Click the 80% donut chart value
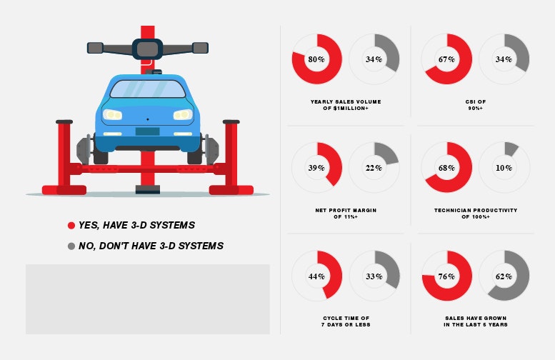pos(316,59)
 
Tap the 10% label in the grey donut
pos(504,168)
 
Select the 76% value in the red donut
pos(446,276)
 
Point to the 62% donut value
pos(504,276)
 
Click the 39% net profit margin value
pos(316,168)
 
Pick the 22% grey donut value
pos(374,168)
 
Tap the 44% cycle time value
pos(316,276)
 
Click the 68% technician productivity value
pos(446,168)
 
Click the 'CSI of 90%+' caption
pos(476,105)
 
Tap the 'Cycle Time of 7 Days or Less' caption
pos(346,321)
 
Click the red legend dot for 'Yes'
pos(71,226)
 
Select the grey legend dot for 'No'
pos(71,246)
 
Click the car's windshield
pos(148,89)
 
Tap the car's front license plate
pos(147,131)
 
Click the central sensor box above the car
pos(147,49)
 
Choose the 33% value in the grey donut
pos(374,276)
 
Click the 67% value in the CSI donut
pos(446,59)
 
